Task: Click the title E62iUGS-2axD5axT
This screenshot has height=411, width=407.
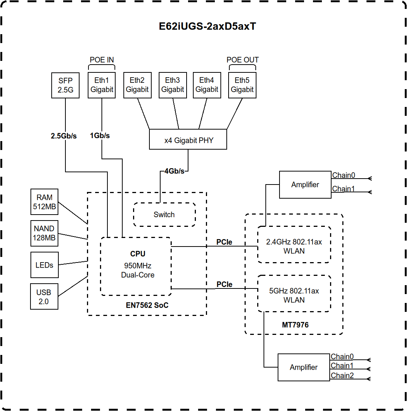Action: coord(207,27)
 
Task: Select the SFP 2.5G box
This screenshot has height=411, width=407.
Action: coord(65,85)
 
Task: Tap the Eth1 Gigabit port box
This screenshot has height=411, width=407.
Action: coord(101,85)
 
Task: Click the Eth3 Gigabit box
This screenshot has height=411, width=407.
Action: coord(172,85)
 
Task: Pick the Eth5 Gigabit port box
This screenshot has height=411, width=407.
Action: coord(242,85)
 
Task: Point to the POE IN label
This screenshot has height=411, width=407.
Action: coord(102,60)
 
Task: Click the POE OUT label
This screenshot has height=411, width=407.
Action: coord(242,60)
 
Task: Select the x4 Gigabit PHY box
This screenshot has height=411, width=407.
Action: coord(188,140)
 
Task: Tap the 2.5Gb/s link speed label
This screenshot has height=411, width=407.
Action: coord(64,136)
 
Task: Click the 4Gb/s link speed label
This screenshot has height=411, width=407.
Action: coord(174,171)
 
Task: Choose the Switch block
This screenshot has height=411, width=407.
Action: coord(164,215)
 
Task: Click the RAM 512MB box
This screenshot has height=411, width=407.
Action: coord(44,202)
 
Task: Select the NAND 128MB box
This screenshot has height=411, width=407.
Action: coord(44,233)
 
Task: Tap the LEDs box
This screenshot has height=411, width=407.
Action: coord(44,265)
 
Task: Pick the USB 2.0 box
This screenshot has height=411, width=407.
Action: coord(44,297)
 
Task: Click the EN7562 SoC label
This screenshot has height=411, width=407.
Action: coord(147,305)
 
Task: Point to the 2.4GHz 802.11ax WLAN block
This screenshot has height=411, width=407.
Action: coord(294,246)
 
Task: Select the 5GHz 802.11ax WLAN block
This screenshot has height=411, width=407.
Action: coord(294,295)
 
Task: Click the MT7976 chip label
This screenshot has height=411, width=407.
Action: coord(295,325)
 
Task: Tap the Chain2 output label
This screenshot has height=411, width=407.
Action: coord(342,375)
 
